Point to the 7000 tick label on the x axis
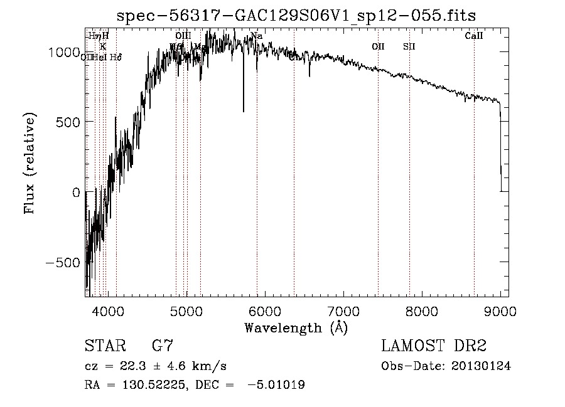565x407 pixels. tap(343, 310)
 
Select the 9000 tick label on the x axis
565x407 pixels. tap(500, 310)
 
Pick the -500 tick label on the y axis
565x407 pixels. tap(63, 262)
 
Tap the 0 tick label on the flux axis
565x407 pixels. tap(77, 193)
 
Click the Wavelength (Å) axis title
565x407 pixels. tap(296, 327)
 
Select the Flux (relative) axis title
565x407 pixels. tap(30, 163)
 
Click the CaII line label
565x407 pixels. tap(473, 36)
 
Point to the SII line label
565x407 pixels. tap(409, 46)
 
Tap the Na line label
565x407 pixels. tap(256, 36)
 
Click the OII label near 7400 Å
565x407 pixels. tap(378, 46)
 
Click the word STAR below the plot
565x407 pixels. tap(104, 346)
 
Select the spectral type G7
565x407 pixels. tap(163, 346)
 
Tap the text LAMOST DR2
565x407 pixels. tap(434, 346)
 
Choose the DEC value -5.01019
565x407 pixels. tap(276, 385)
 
